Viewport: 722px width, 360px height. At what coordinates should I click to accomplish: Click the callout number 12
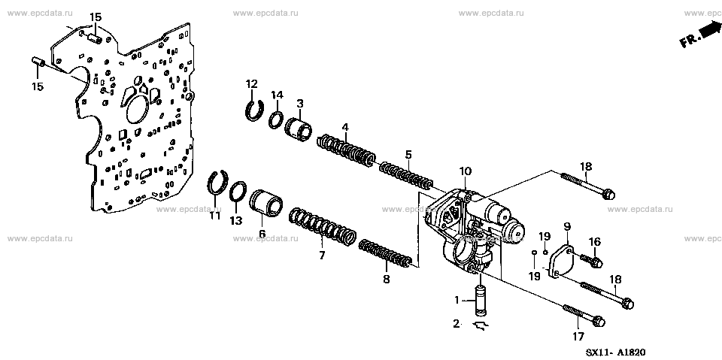point(251,84)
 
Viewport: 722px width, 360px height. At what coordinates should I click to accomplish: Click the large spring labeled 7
point(322,227)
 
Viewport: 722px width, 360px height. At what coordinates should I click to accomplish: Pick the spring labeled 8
point(385,253)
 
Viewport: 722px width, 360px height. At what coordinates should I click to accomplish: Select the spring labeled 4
point(347,151)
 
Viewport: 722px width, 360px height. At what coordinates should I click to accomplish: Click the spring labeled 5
point(406,175)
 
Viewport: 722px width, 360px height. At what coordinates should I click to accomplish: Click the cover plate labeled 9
point(562,262)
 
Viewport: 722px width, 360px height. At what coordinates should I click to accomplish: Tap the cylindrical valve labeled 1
point(481,301)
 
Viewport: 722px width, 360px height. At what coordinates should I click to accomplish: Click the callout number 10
point(465,171)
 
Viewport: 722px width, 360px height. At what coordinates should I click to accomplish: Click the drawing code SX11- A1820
point(615,352)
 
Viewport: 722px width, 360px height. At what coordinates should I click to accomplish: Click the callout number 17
point(578,337)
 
